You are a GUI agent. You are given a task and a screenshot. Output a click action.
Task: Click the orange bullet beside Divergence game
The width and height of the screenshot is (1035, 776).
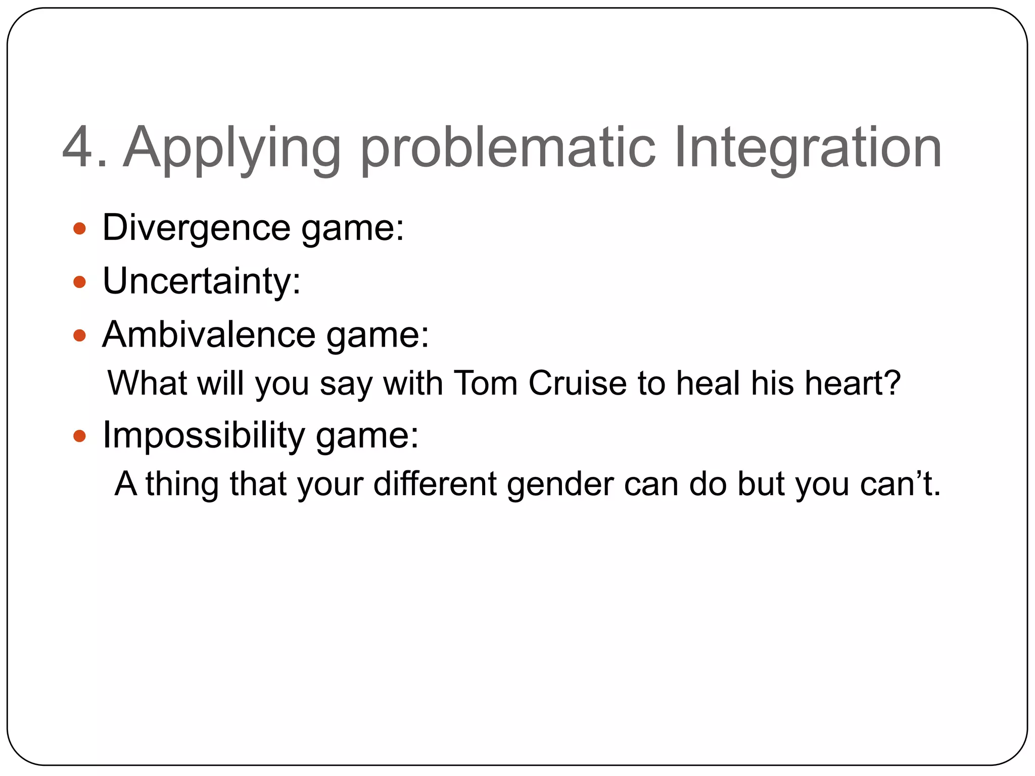click(x=79, y=229)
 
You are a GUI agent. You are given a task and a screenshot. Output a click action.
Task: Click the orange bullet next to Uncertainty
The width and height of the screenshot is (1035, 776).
click(x=79, y=282)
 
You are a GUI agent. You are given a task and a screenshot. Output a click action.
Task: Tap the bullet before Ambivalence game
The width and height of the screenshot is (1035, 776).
click(x=79, y=335)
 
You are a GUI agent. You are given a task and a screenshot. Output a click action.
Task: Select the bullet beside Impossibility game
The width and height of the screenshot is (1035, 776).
click(x=79, y=436)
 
